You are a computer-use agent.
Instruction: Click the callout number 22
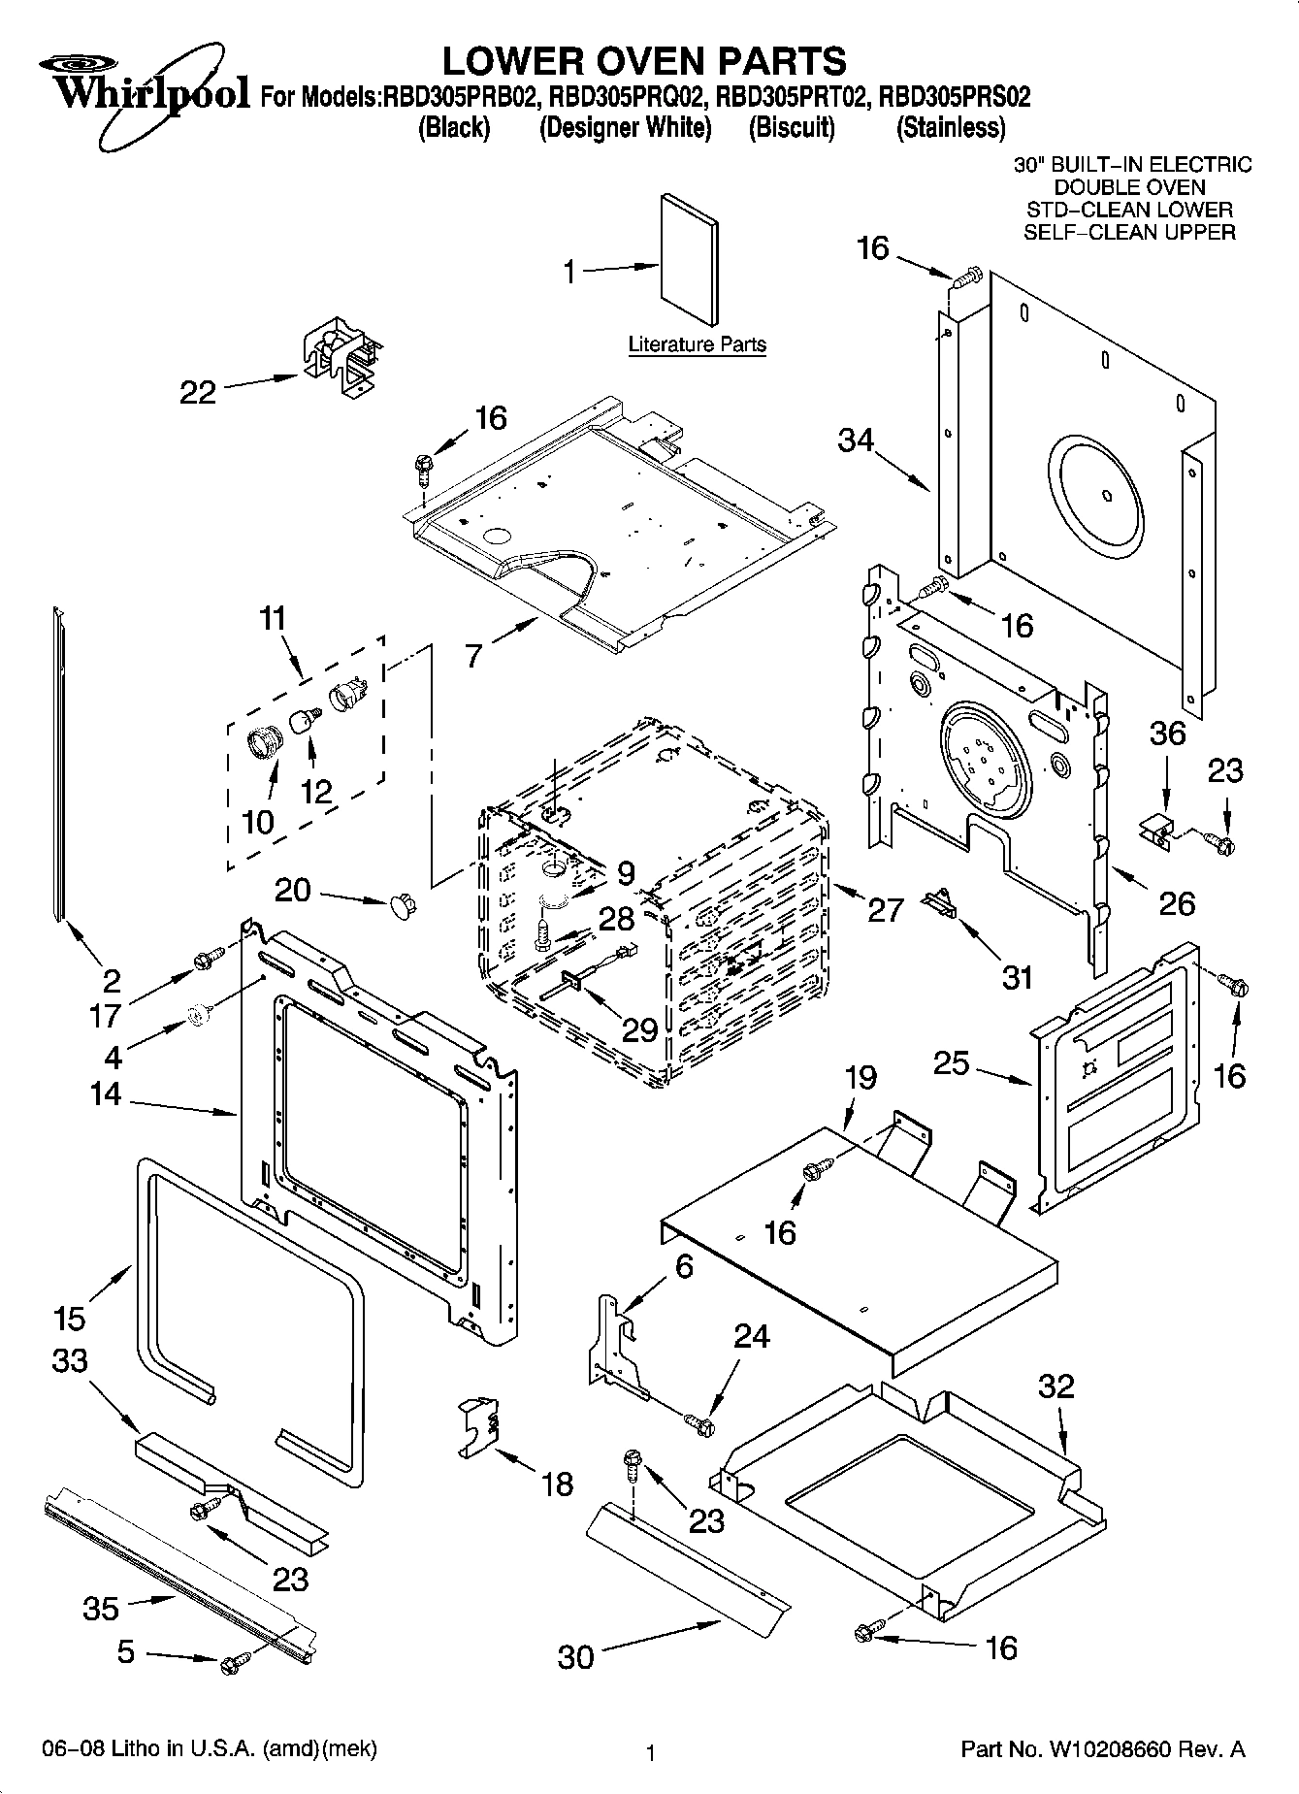(198, 392)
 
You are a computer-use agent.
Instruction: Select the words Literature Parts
(697, 344)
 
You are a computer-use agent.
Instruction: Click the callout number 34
(857, 440)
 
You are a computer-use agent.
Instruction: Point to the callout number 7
(472, 657)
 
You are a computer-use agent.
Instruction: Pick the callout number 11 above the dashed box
(274, 618)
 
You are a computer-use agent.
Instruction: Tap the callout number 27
(885, 909)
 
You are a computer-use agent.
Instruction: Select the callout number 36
(1168, 733)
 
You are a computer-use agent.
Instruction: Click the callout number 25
(951, 1062)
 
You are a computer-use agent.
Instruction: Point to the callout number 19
(860, 1077)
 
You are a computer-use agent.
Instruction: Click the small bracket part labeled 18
(478, 1425)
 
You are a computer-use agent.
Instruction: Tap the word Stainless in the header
(951, 128)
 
